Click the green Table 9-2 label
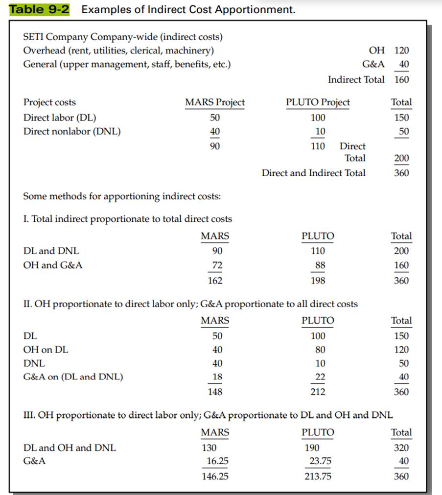[x=40, y=9]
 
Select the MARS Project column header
[x=215, y=102]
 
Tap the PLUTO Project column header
[x=318, y=102]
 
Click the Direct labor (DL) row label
[x=60, y=118]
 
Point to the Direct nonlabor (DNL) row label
[x=72, y=131]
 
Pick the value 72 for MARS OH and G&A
[x=217, y=265]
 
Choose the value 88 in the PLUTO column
[x=320, y=265]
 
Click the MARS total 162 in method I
[x=215, y=281]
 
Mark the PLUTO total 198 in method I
[x=318, y=281]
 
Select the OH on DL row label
[x=46, y=350]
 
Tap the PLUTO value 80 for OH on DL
[x=320, y=350]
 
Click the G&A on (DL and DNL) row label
[x=73, y=377]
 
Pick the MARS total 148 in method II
[x=215, y=392]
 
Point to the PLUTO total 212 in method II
[x=318, y=392]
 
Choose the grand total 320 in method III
[x=401, y=448]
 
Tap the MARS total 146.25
[x=215, y=476]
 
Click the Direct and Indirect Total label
[x=313, y=173]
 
